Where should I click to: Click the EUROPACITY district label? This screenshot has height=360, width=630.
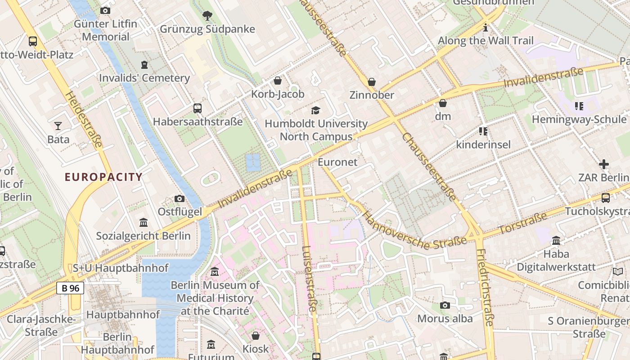tap(103, 177)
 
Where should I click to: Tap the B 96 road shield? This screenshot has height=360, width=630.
tap(70, 288)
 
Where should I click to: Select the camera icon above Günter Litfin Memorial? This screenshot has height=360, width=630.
tap(105, 10)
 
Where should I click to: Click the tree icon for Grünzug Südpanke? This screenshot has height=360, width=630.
tap(207, 16)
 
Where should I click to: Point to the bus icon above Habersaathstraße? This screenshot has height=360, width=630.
tap(197, 108)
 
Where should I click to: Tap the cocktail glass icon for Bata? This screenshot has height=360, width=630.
tap(58, 126)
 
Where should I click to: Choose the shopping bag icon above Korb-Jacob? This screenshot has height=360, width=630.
tap(278, 81)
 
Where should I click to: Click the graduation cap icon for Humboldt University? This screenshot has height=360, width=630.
tap(315, 110)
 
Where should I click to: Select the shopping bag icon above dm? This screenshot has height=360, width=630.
tap(443, 103)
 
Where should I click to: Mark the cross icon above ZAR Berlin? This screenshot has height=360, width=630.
tap(604, 164)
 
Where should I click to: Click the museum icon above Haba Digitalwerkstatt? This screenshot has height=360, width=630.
tap(556, 241)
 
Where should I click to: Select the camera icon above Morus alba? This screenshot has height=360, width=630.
tap(445, 306)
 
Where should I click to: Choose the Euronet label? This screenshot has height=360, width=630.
tap(337, 162)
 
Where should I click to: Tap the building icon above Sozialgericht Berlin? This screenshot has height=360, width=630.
tap(144, 222)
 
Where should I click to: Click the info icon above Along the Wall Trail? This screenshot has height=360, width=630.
tap(486, 28)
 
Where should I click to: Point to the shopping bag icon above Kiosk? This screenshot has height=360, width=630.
tap(256, 336)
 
